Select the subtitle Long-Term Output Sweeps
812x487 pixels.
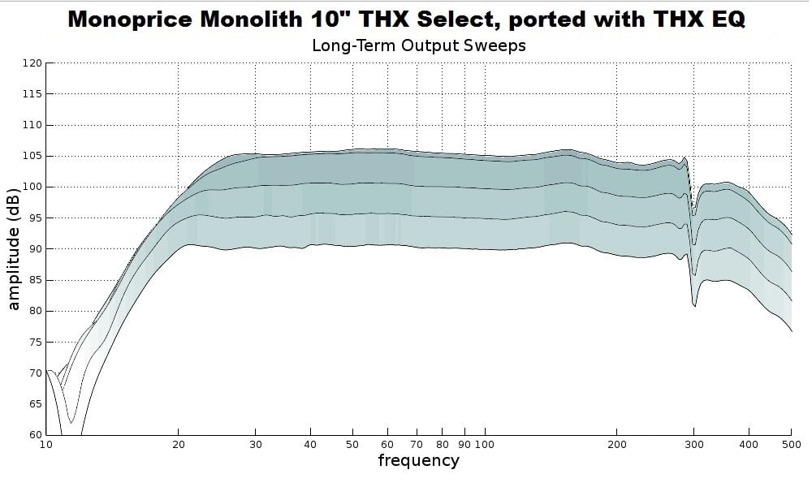[x=418, y=45]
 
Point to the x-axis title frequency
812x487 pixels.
[x=418, y=461]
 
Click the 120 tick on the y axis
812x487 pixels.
[x=32, y=63]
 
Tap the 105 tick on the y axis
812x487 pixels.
[x=32, y=156]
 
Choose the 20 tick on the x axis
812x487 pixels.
[x=179, y=444]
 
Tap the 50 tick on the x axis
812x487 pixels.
[x=352, y=444]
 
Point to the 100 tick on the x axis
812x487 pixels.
[x=485, y=444]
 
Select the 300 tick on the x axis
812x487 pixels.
[x=694, y=444]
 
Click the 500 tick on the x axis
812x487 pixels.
[x=792, y=444]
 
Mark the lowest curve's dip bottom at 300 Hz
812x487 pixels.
[x=694, y=306]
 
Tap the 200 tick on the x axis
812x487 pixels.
[x=617, y=444]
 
